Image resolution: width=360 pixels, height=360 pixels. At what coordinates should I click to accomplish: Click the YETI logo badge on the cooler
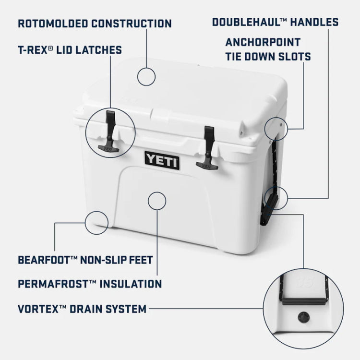(x=162, y=159)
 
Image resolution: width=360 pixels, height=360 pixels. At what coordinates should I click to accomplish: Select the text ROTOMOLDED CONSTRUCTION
(x=95, y=23)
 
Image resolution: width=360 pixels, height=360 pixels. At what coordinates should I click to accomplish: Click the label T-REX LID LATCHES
(x=70, y=50)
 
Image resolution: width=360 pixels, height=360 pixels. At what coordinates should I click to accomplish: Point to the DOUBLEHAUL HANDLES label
(x=275, y=22)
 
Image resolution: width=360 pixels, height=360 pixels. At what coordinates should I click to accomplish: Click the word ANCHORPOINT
(x=263, y=42)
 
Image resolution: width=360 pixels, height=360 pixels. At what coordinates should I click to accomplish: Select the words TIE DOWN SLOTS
(x=268, y=57)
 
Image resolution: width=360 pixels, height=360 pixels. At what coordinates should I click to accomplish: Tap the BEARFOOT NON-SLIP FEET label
(x=85, y=260)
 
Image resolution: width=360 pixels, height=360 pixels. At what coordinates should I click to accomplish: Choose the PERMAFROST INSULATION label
(x=89, y=284)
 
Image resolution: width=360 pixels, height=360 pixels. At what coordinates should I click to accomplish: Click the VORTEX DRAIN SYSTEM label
(x=82, y=308)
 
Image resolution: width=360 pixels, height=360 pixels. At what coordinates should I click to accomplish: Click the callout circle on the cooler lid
(x=146, y=76)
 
